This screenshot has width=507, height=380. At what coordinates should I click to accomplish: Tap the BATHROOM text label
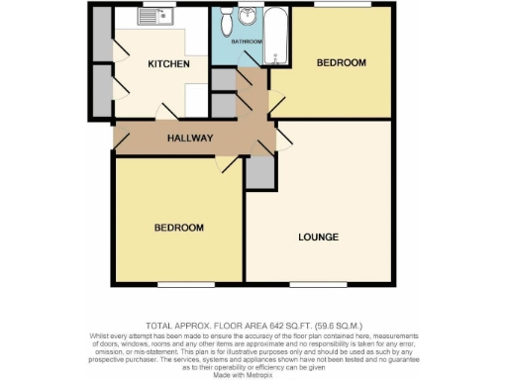coord(247,42)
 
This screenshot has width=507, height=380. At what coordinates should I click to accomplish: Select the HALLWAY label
coord(189,138)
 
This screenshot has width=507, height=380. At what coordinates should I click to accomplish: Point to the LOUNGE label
coord(318,237)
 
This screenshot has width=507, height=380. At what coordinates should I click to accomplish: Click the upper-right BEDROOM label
coord(341,63)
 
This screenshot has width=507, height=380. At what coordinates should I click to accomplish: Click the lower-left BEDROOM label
coord(178,228)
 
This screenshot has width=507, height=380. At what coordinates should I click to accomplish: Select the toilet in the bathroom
coord(227,19)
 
